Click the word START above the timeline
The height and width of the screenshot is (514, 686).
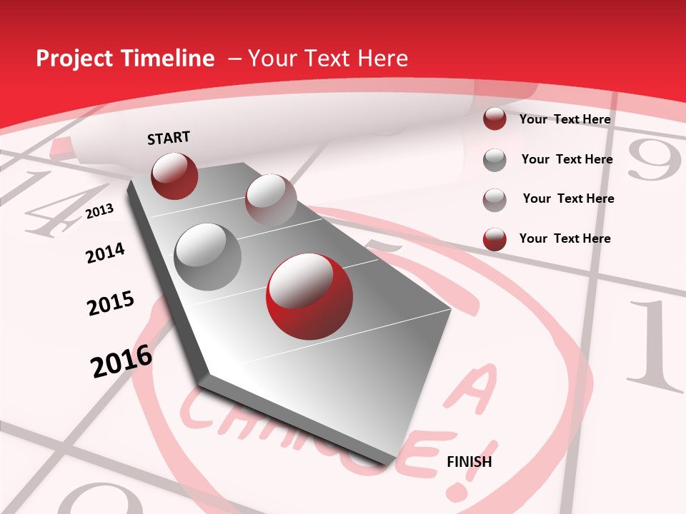169,138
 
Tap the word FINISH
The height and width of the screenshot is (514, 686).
469,462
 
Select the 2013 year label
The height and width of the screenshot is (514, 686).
99,211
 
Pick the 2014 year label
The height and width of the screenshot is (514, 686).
105,253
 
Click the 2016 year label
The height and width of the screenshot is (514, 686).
121,361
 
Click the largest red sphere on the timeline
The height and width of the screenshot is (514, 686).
309,296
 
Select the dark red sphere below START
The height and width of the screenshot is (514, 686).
174,176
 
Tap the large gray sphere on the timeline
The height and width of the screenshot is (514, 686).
208,257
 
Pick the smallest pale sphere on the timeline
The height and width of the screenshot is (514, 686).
271,200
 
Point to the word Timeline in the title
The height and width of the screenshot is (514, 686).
167,59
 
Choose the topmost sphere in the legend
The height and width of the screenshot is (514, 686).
494,119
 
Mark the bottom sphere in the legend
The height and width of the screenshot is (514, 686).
494,239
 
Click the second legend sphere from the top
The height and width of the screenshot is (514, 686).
494,160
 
